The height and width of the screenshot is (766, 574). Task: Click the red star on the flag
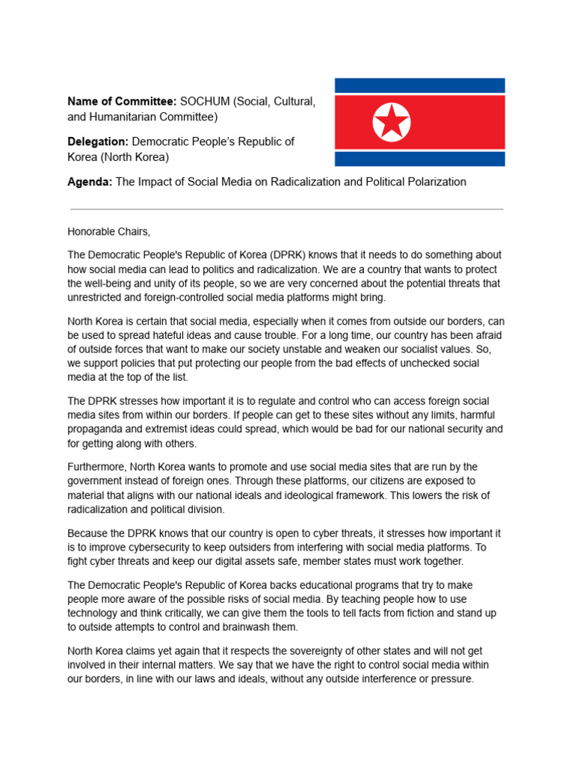tap(392, 122)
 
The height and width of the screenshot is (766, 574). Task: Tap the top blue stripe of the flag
tap(419, 85)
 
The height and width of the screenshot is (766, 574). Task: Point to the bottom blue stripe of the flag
tap(419, 159)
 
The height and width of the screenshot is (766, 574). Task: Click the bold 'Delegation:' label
tap(98, 141)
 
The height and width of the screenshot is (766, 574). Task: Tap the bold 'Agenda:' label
tap(90, 182)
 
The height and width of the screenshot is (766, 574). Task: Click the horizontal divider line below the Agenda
tap(286, 209)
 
